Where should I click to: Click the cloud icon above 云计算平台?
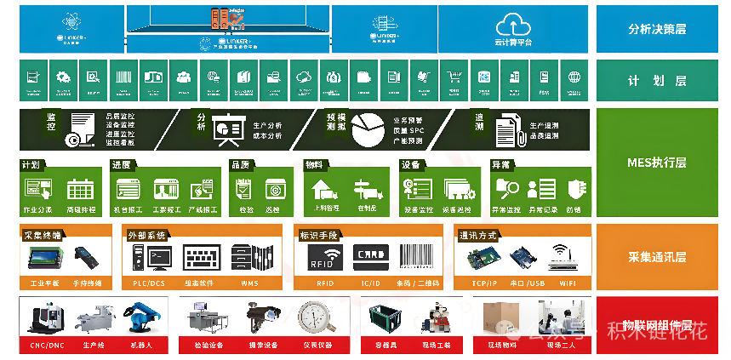pyautogui.click(x=512, y=23)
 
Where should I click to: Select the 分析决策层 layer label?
pyautogui.click(x=657, y=29)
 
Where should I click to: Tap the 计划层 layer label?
pyautogui.click(x=657, y=81)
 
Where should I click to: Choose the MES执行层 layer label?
pyautogui.click(x=657, y=163)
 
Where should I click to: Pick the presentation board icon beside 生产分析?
pyautogui.click(x=228, y=129)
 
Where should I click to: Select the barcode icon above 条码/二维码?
pyautogui.click(x=420, y=256)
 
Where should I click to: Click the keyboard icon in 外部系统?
pyautogui.click(x=207, y=256)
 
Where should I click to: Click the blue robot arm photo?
pyautogui.click(x=138, y=320)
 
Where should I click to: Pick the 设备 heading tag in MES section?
pyautogui.click(x=410, y=164)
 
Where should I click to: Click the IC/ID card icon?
pyautogui.click(x=370, y=256)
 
